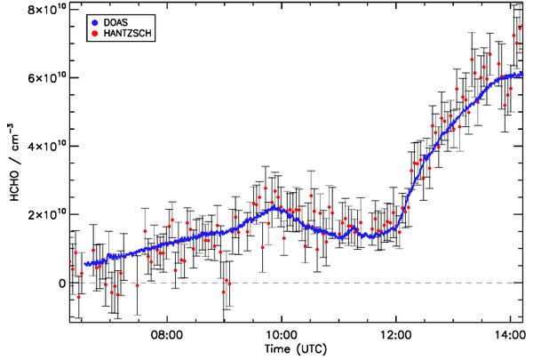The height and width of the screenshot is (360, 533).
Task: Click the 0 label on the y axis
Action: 62,284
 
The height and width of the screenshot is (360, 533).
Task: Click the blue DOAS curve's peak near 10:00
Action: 276,208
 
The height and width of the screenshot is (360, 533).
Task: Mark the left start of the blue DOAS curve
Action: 85,264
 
